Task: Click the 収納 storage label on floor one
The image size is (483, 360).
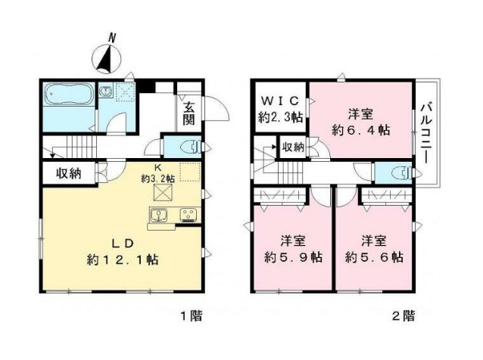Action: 68,174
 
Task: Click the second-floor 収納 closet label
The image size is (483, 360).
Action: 294,147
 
